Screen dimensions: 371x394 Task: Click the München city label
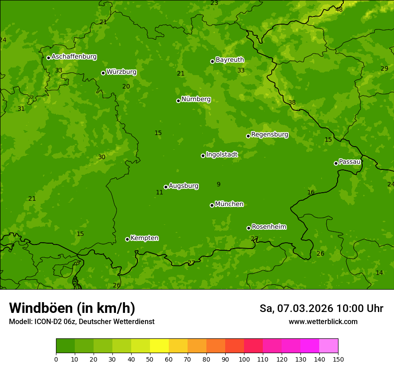[x=229, y=204]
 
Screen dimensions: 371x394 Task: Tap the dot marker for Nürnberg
[x=178, y=101]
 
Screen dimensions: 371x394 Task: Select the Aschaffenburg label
[x=74, y=57]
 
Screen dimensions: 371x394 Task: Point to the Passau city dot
[x=336, y=163]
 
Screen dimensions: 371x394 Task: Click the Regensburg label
[x=270, y=135]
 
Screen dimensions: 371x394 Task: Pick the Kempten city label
[x=144, y=238]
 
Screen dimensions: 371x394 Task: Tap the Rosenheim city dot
[x=248, y=228]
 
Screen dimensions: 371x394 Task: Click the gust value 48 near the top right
[x=339, y=9]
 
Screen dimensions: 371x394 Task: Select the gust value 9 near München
[x=218, y=184]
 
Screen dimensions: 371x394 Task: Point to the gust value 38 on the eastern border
[x=292, y=102]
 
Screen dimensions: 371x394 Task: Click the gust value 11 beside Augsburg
[x=159, y=192]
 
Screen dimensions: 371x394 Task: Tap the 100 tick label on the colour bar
[x=244, y=359]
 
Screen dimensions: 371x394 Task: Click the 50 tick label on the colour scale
[x=150, y=359]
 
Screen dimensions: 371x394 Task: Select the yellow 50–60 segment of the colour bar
[x=159, y=346]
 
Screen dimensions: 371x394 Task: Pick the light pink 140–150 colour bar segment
[x=329, y=346]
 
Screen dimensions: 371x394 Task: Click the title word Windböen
[x=41, y=308]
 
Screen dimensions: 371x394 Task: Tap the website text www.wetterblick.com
[x=323, y=321]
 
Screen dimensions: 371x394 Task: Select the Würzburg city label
[x=121, y=72]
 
